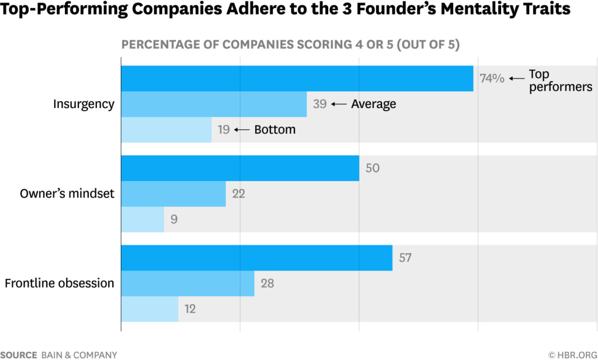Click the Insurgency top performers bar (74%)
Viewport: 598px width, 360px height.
point(297,78)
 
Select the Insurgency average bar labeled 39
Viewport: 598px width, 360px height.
point(214,104)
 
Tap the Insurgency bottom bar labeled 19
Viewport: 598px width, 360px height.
point(166,130)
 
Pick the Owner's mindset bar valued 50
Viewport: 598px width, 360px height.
point(240,168)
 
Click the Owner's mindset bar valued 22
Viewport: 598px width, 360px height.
point(173,194)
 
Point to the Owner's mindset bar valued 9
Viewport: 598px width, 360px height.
point(142,220)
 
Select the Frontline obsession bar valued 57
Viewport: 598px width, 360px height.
point(256,258)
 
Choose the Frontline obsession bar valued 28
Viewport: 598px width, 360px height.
point(187,283)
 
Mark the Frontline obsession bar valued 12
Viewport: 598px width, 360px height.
point(149,309)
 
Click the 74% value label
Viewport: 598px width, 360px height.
point(492,78)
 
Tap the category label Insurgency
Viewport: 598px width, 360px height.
point(84,104)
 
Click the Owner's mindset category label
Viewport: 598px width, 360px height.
point(67,194)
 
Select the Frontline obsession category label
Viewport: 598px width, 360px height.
point(60,283)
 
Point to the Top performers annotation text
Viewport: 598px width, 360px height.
point(560,81)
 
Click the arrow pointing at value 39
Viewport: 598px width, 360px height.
point(339,104)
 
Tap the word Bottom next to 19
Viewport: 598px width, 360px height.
point(274,130)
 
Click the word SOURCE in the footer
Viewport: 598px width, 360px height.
point(19,355)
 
